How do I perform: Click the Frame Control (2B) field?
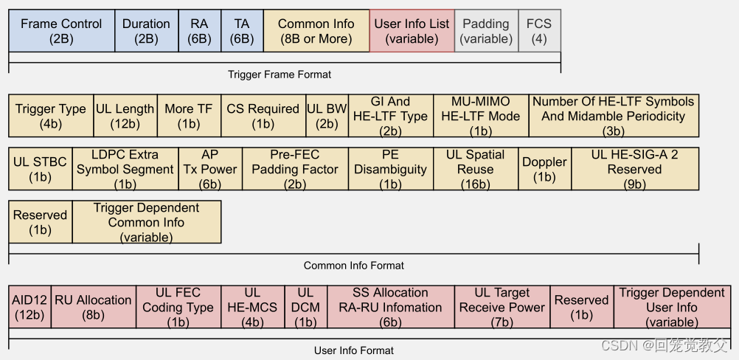pyautogui.click(x=61, y=31)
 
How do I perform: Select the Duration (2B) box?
pyautogui.click(x=146, y=31)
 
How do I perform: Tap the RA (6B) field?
pyautogui.click(x=199, y=31)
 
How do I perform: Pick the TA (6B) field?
pyautogui.click(x=242, y=31)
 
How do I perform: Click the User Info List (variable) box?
pyautogui.click(x=412, y=31)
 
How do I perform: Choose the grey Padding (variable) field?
pyautogui.click(x=485, y=31)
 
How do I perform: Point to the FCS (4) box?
pyautogui.click(x=539, y=31)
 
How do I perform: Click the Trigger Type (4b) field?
pyautogui.click(x=51, y=116)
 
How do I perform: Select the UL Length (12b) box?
pyautogui.click(x=125, y=116)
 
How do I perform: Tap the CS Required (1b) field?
pyautogui.click(x=263, y=116)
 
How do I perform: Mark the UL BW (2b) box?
pyautogui.click(x=327, y=116)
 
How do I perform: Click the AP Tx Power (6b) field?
pyautogui.click(x=210, y=169)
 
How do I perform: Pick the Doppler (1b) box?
pyautogui.click(x=544, y=169)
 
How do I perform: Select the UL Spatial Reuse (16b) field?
pyautogui.click(x=475, y=169)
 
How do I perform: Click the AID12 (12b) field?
pyautogui.click(x=30, y=307)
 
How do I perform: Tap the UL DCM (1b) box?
pyautogui.click(x=305, y=307)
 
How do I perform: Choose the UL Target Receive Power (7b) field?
pyautogui.click(x=502, y=307)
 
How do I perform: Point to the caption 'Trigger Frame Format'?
pyautogui.click(x=280, y=75)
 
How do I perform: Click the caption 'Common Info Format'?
pyautogui.click(x=354, y=266)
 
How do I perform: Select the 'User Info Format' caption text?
pyautogui.click(x=354, y=350)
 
